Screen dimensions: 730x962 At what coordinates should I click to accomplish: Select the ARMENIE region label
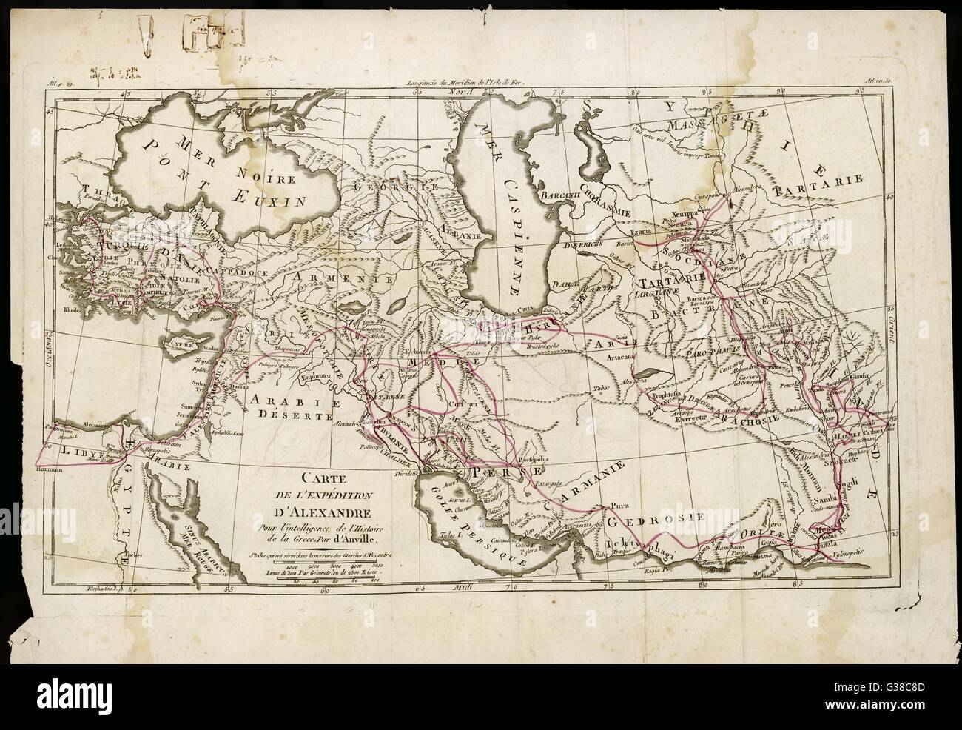point(324,278)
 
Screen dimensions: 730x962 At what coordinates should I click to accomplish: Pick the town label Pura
point(619,507)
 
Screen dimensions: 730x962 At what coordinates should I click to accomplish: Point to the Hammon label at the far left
point(46,470)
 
